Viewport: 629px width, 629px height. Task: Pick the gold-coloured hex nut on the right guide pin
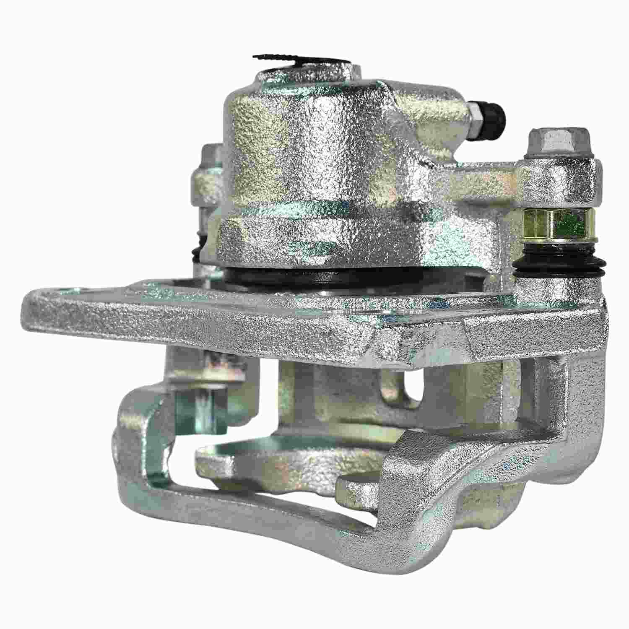tap(551, 224)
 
